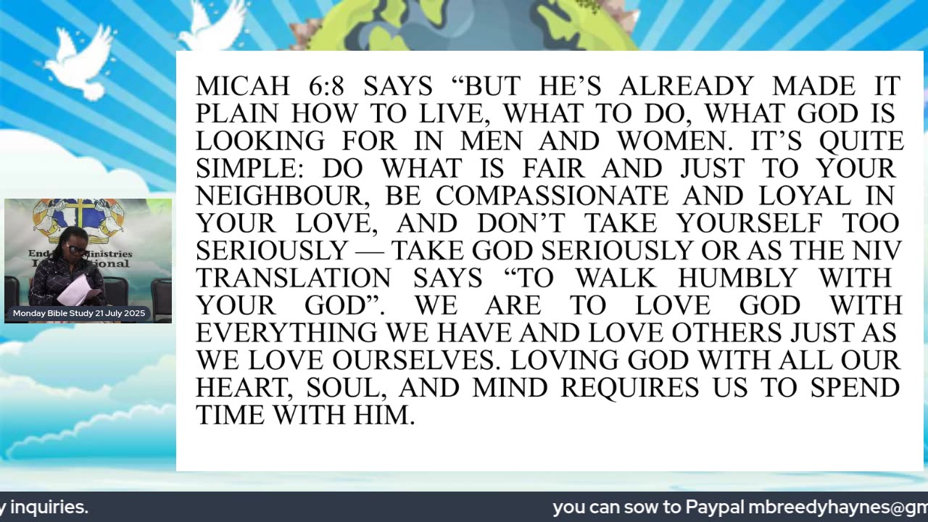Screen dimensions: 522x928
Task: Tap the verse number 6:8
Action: pyautogui.click(x=326, y=86)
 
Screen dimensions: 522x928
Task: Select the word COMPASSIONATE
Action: pyautogui.click(x=552, y=196)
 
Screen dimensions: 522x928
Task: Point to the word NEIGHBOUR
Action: pyautogui.click(x=285, y=196)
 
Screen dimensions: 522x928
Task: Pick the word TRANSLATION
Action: pyautogui.click(x=293, y=278)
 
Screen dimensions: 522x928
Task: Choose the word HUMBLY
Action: pyautogui.click(x=737, y=278)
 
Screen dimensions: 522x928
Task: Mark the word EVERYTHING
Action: pyautogui.click(x=286, y=333)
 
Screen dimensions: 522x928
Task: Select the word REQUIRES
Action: pyautogui.click(x=629, y=388)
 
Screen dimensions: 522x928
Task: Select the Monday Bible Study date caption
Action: pyautogui.click(x=79, y=313)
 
